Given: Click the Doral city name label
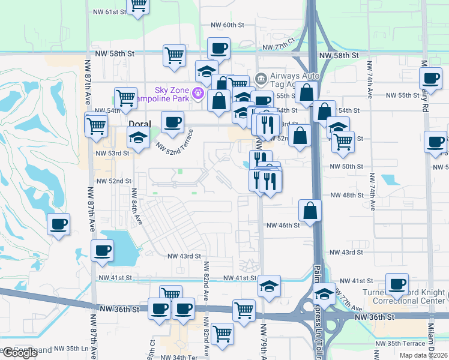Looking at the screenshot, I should pos(139,123).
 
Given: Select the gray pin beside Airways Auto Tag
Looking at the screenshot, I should pos(261,79).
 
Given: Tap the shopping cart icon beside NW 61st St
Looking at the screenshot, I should pos(138,5).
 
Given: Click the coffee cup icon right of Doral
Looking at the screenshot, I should pos(172,122).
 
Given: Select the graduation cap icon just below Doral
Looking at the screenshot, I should pos(138,139).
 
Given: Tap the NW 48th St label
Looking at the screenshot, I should pos(347,195).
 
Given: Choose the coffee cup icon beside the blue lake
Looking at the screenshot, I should pos(102,250).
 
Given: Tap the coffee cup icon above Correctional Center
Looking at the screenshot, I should pos(397,284).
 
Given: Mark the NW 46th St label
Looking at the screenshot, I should pos(283,225).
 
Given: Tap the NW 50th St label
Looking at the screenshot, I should pos(347,166).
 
